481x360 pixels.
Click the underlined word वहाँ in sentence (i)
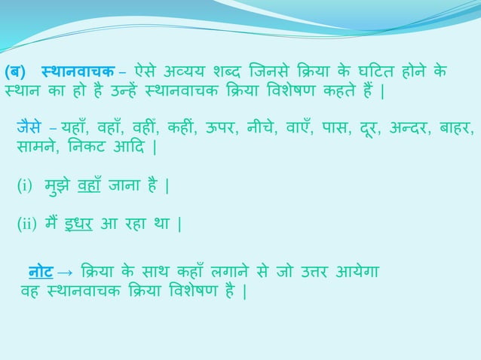(91, 184)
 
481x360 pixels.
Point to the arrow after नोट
(65, 270)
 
